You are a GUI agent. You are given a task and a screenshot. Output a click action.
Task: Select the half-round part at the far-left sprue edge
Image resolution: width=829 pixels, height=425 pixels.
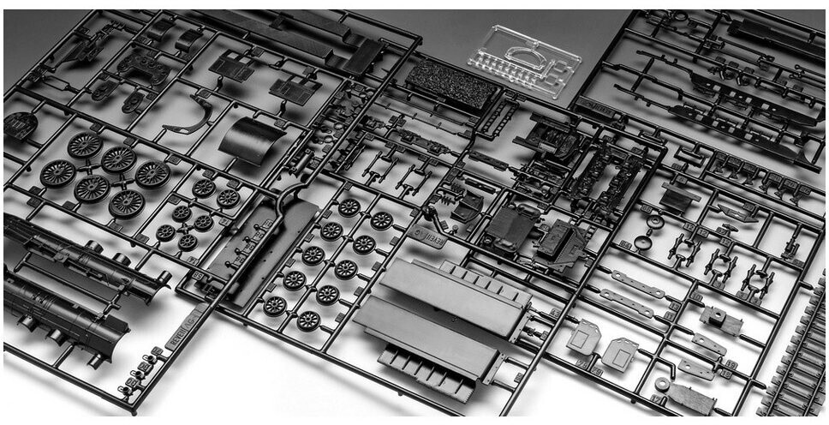[19, 126]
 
